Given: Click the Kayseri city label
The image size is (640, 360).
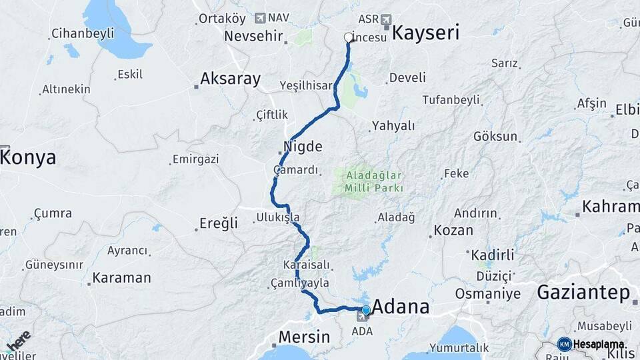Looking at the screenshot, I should tap(425, 33).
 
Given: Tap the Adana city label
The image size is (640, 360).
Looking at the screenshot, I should tap(400, 307).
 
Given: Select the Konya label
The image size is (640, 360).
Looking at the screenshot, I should tap(28, 158).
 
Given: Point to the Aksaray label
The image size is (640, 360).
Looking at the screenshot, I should tap(231, 79).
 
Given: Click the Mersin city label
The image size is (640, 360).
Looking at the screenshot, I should tap(304, 337).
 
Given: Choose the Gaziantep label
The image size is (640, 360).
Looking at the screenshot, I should tap(583, 292).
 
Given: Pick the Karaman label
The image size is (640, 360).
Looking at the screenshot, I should tap(122, 277).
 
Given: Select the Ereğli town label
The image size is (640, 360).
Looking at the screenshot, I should tap(219, 223).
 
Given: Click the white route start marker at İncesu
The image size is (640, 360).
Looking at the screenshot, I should tap(347, 37).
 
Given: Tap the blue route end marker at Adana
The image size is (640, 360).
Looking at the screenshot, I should tap(365, 310).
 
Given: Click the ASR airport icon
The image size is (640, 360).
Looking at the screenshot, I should tap(386, 19).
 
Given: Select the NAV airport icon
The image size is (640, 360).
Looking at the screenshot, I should tap(259, 18).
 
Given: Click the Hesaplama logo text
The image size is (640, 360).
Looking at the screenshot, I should tap(599, 344).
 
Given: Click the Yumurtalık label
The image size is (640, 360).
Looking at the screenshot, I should tap(459, 347).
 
